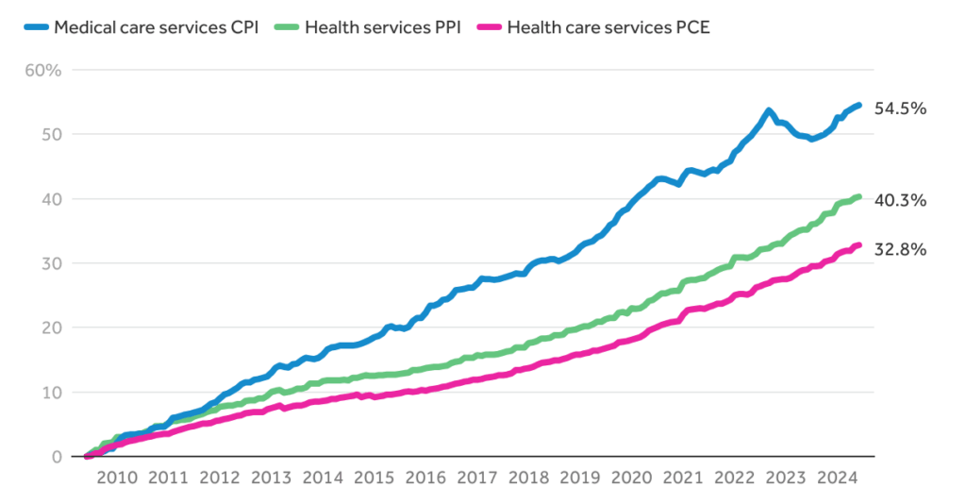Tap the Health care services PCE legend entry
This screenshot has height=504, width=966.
594,26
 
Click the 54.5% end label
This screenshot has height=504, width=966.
901,109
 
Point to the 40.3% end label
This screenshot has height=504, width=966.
901,200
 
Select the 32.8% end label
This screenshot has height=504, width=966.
901,250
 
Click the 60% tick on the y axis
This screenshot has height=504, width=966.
42,71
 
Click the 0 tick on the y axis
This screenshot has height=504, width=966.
55,457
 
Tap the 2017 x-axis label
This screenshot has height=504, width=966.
474,479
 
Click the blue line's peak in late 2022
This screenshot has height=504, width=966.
769,111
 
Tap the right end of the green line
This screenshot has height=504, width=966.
858,196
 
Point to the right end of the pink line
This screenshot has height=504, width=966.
858,245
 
